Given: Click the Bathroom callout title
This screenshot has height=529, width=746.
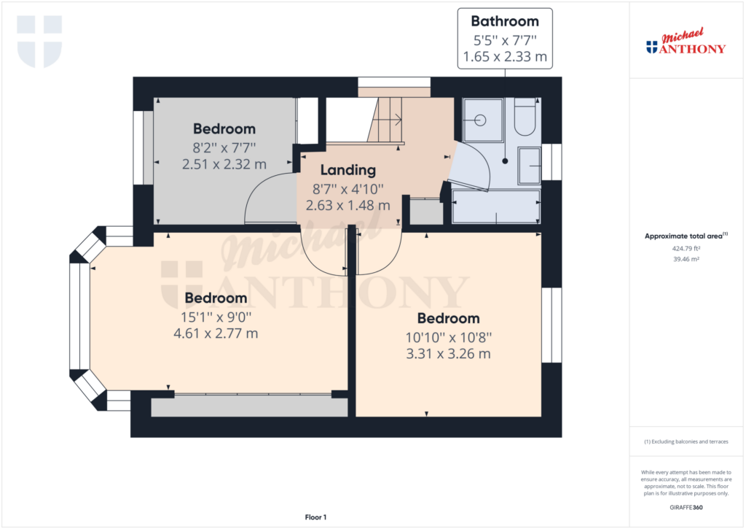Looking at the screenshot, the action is [x=505, y=21].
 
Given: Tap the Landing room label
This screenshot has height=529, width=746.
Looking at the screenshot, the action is [x=348, y=170].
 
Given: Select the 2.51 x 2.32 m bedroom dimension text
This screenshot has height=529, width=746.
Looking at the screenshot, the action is [x=224, y=164].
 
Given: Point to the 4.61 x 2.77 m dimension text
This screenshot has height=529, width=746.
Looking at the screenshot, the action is [x=216, y=333].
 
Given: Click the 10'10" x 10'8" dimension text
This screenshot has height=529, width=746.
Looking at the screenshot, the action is [x=449, y=338].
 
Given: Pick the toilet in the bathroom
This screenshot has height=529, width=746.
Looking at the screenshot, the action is [x=525, y=117].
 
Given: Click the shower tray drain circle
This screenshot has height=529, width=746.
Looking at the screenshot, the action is [x=481, y=120].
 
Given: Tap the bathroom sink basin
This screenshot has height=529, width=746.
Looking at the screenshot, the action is [x=530, y=166].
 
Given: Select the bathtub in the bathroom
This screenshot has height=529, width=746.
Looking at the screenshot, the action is [x=496, y=206].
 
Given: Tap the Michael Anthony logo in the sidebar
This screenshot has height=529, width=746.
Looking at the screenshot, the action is [x=686, y=42].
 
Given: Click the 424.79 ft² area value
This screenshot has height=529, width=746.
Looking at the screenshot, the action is [x=686, y=248].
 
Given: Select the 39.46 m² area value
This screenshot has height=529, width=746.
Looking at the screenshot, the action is [x=686, y=259].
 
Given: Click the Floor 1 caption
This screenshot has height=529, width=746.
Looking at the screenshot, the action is [x=315, y=517].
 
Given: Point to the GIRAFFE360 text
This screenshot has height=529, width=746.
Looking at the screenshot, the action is [x=686, y=508].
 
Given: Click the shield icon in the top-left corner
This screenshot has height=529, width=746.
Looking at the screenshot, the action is [x=39, y=42].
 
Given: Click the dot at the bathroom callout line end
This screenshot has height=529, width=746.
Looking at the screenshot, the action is [x=505, y=161].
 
